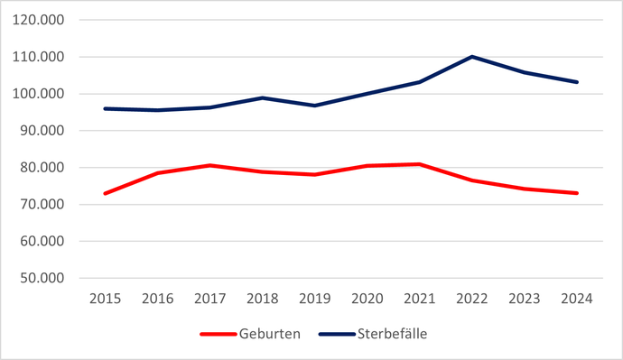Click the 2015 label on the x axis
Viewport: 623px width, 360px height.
pos(106,299)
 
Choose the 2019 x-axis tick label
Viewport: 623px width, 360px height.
pos(314,299)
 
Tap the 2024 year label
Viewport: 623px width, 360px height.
pos(576,299)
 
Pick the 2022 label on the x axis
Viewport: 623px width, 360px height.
pos(471,299)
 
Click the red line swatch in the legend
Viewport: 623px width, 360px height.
pos(218,335)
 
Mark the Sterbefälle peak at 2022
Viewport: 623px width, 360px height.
pos(472,57)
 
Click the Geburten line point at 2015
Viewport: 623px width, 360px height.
pos(106,193)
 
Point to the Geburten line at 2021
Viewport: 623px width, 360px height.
pos(420,164)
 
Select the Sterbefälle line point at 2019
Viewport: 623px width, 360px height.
pos(315,106)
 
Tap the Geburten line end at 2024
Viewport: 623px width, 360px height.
pos(577,193)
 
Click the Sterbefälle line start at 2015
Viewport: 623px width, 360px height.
pos(106,108)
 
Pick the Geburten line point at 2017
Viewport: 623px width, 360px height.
pos(210,165)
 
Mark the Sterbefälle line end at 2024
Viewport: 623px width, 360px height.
pos(577,82)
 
